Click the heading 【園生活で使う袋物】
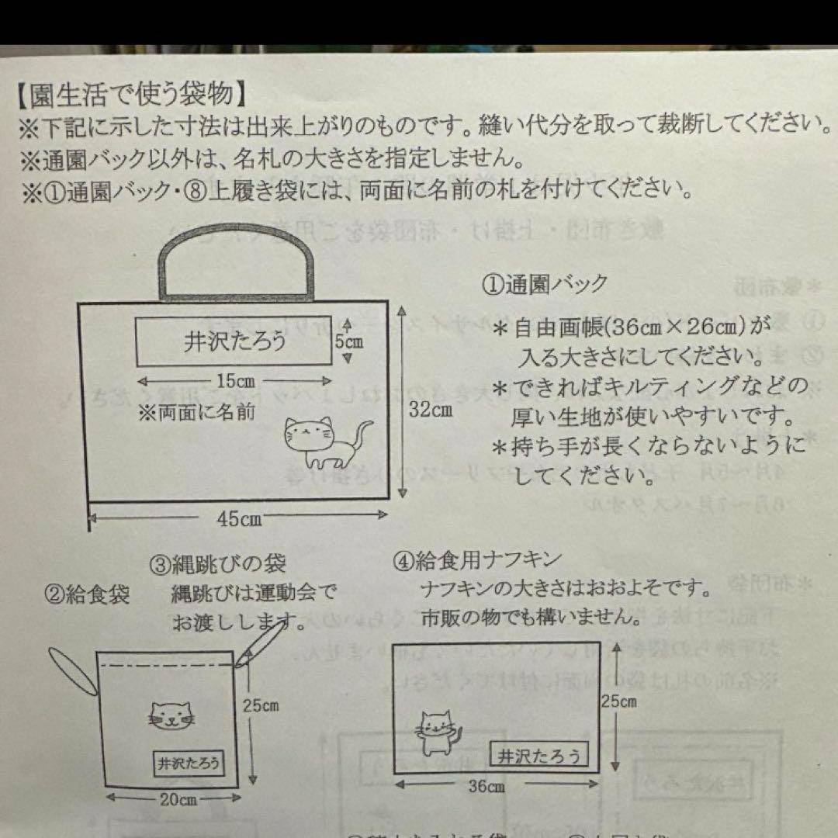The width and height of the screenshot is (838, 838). click(132, 95)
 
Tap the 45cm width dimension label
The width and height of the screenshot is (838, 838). click(238, 518)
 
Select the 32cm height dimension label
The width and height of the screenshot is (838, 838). click(431, 410)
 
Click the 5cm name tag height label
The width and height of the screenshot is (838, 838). click(349, 340)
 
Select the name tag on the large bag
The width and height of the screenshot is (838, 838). click(234, 341)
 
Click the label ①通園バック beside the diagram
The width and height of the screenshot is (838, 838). click(545, 284)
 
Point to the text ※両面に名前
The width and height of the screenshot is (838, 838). click(196, 412)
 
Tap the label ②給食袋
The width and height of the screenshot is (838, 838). click(87, 595)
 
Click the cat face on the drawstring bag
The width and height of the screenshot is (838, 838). click(172, 715)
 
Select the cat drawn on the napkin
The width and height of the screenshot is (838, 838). click(435, 732)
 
